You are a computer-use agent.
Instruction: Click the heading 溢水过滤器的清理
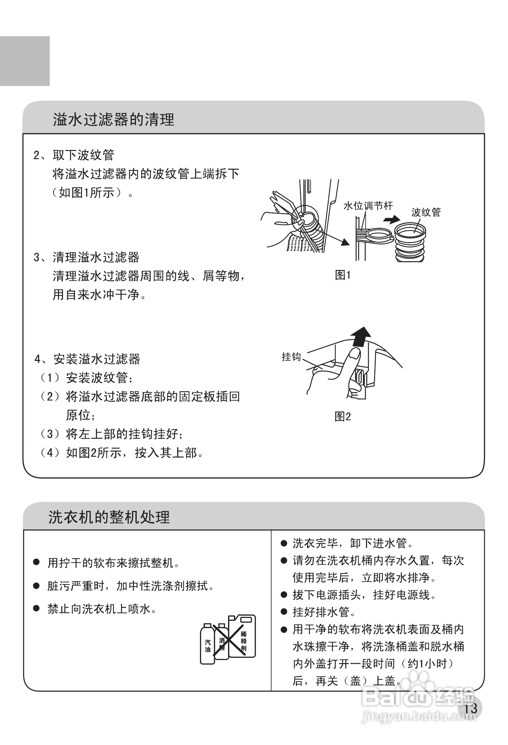coord(113,120)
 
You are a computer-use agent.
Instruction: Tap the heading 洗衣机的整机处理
coord(109,517)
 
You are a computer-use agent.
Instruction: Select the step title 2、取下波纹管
coord(74,155)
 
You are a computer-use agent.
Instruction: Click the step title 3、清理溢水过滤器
coord(86,257)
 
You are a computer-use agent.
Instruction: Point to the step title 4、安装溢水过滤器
coord(87,359)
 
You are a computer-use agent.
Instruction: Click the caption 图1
coord(343,275)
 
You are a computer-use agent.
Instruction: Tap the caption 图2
coord(343,417)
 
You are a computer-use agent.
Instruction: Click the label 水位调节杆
coord(368,206)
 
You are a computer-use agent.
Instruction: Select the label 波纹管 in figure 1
coord(426,212)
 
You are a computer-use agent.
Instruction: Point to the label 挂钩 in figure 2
coord(291,357)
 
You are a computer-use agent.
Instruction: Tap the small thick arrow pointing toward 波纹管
coord(392,220)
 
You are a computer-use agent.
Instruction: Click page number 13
coord(470,708)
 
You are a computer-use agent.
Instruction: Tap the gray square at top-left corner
coord(25,61)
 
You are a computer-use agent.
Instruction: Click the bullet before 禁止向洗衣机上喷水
coord(36,608)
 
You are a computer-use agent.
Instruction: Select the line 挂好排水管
coord(321,612)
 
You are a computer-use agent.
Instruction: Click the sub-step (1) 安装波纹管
coord(87,377)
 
